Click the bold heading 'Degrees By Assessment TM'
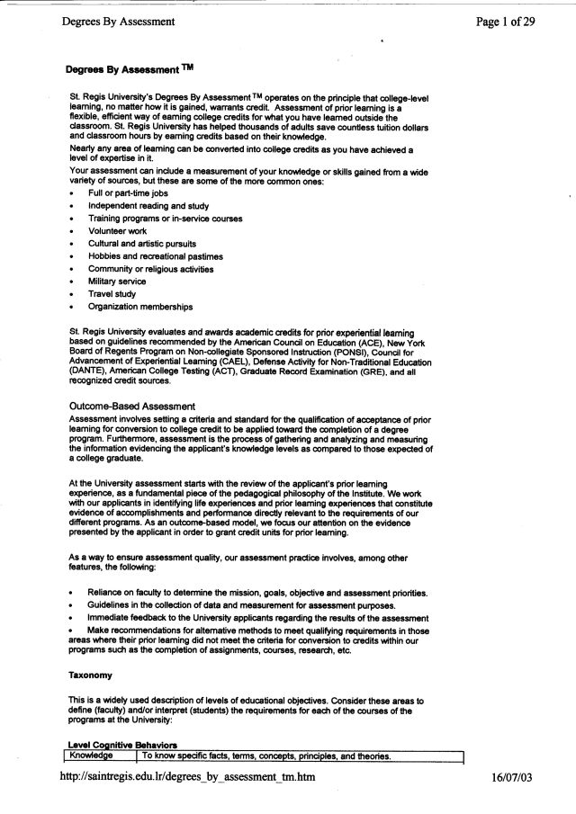coord(130,68)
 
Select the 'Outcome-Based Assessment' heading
coord(126,406)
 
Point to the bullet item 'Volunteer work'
coord(117,230)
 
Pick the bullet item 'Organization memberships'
coord(139,307)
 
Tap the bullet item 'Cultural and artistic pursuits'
coord(141,243)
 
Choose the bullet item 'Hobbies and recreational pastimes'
coord(155,256)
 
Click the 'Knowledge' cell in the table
coord(93,756)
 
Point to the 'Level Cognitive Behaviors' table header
coord(122,744)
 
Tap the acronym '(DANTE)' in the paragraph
coord(87,371)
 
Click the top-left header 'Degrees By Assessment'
coord(118,21)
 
